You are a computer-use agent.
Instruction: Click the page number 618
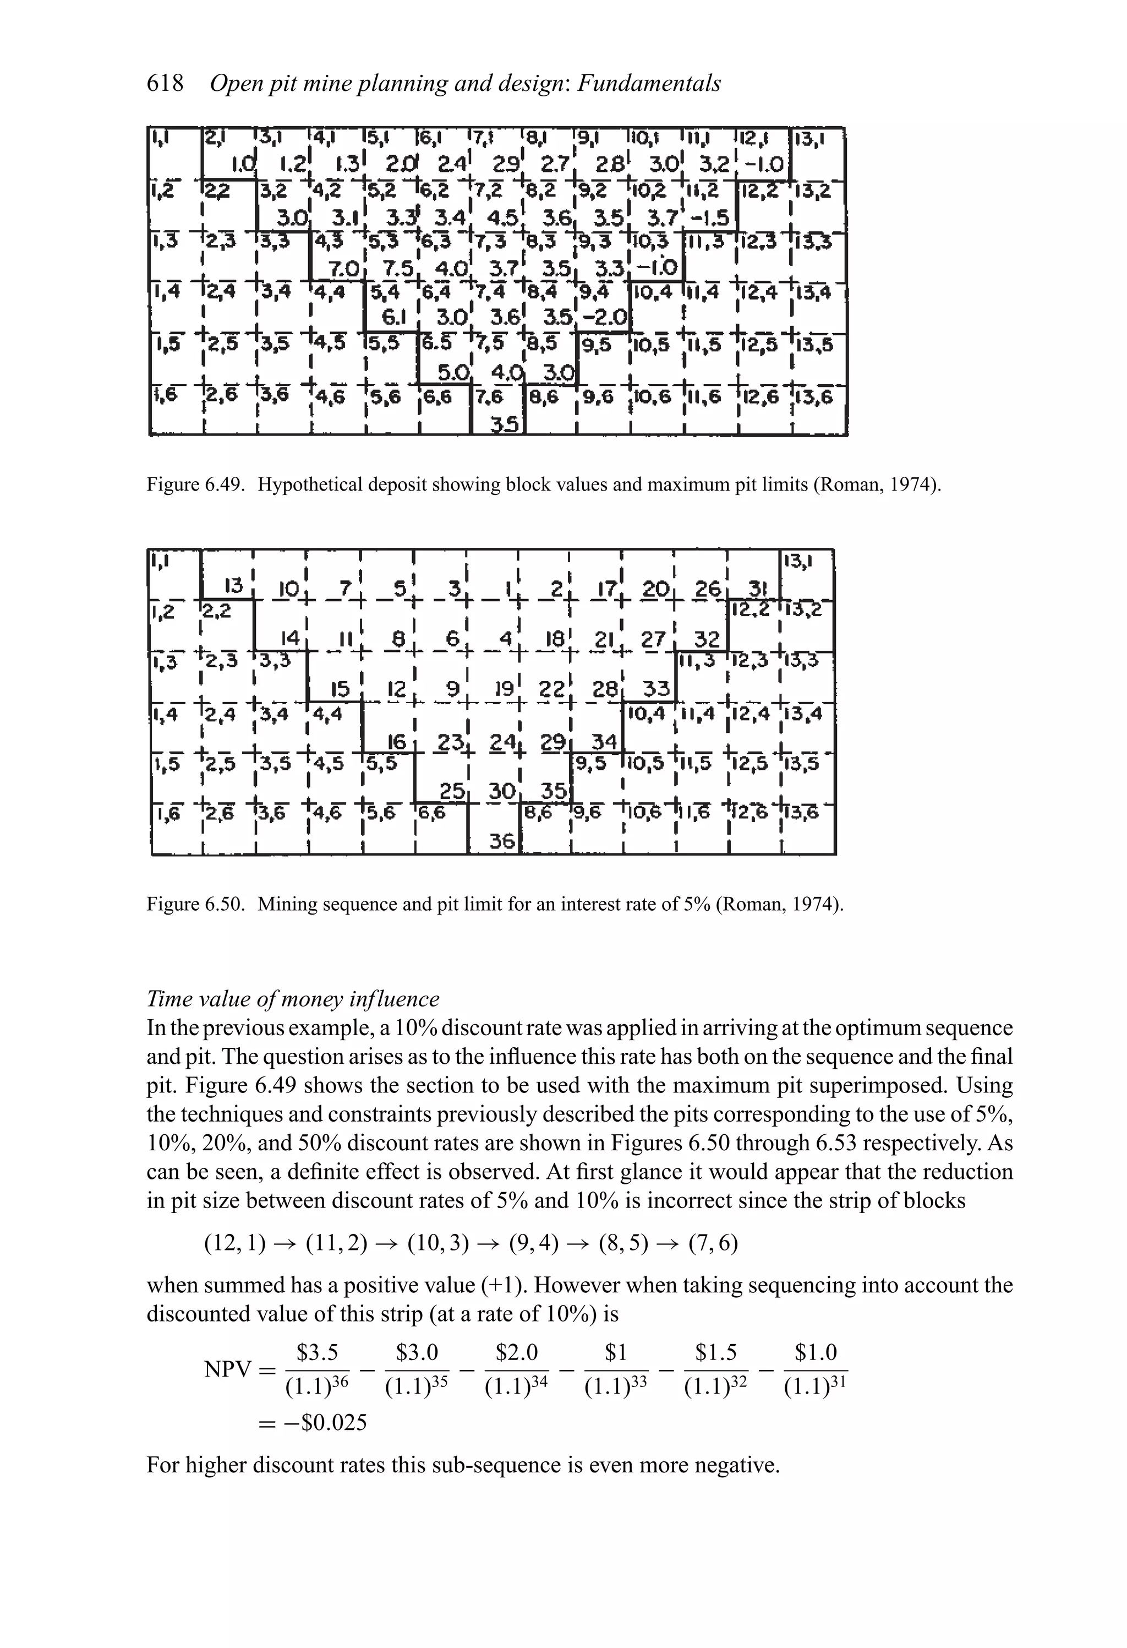[165, 84]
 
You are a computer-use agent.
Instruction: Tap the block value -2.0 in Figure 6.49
[608, 318]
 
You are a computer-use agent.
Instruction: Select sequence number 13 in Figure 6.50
[234, 586]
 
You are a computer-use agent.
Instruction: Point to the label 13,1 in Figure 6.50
[798, 562]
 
